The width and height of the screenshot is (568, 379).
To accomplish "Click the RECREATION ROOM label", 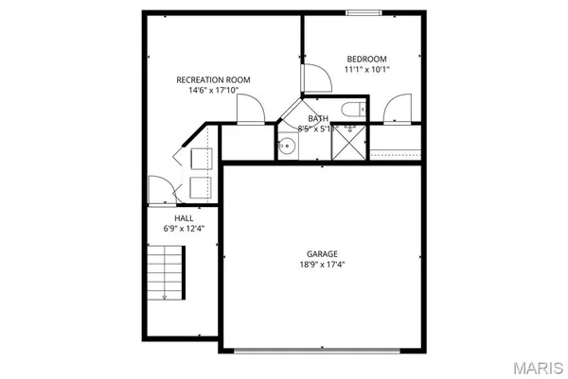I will click(213, 80).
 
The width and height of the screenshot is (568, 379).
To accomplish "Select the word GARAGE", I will click(322, 253).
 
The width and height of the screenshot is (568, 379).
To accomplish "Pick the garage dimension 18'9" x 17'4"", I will click(322, 266).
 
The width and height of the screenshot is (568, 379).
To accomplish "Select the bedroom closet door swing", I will click(398, 108).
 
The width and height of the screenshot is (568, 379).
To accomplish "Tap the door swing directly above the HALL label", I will click(160, 189).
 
